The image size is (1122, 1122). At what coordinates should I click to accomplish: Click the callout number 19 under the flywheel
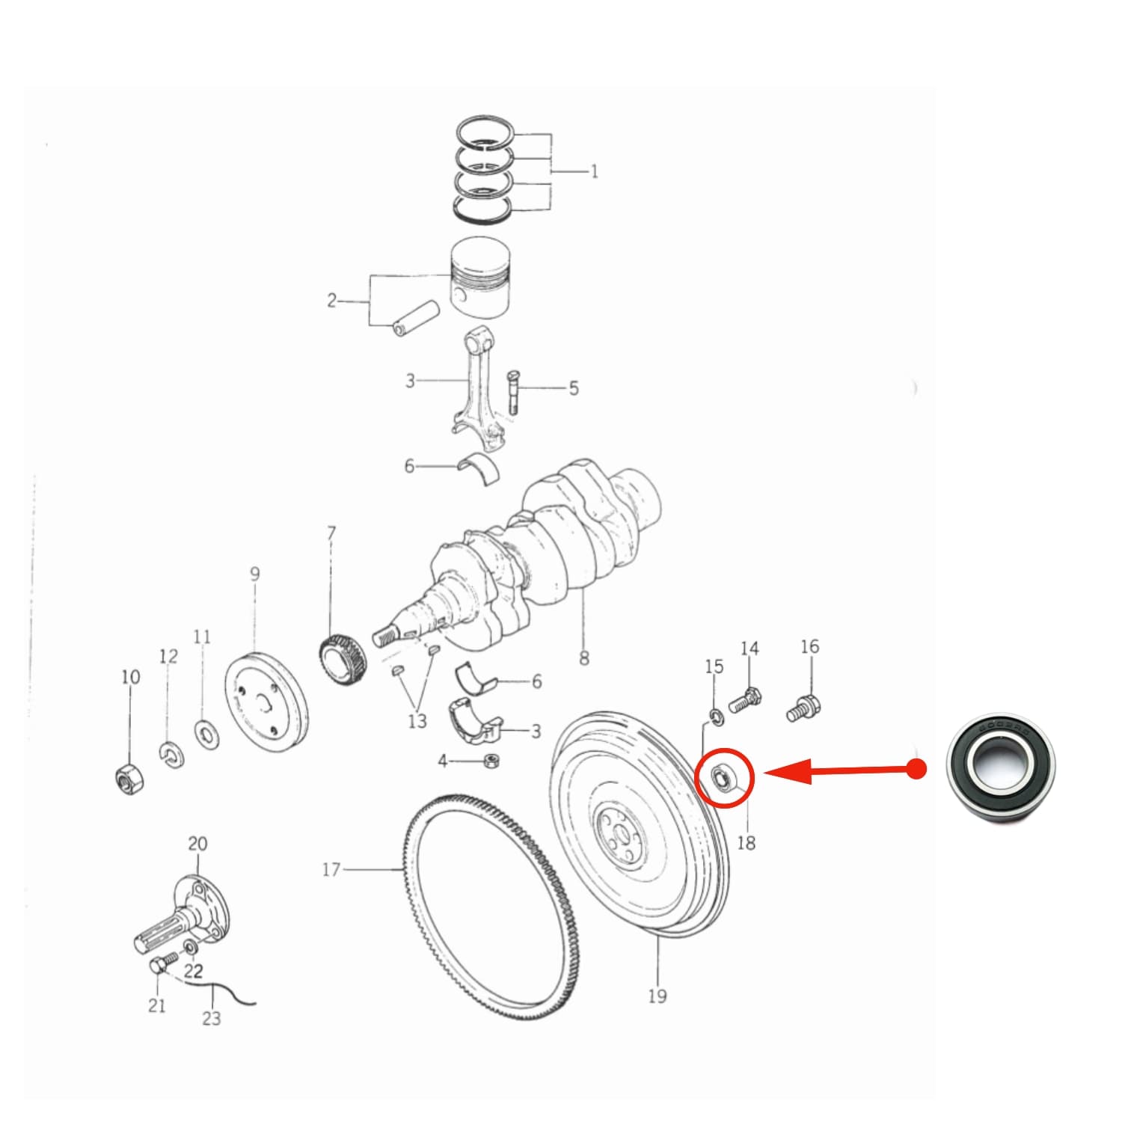tap(657, 996)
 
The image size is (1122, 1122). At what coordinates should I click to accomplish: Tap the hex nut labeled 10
tap(126, 779)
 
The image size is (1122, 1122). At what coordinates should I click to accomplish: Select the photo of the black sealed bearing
tap(1000, 770)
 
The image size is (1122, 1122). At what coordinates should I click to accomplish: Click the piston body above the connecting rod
tap(482, 279)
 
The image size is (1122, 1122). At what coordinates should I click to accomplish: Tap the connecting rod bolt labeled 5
tap(513, 391)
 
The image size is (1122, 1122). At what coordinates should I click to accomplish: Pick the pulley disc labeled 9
tap(266, 702)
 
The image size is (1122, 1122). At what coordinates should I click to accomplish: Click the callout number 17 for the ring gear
tap(331, 869)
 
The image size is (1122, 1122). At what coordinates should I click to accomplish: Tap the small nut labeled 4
tap(491, 761)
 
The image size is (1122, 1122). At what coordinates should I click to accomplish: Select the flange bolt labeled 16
tap(804, 708)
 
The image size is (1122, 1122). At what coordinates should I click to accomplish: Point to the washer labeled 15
tap(716, 717)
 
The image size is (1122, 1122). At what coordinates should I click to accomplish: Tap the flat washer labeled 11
tap(206, 733)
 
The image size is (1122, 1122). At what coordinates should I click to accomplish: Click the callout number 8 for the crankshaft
tap(583, 658)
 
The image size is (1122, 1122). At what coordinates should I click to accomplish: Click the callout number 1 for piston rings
tap(595, 172)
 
